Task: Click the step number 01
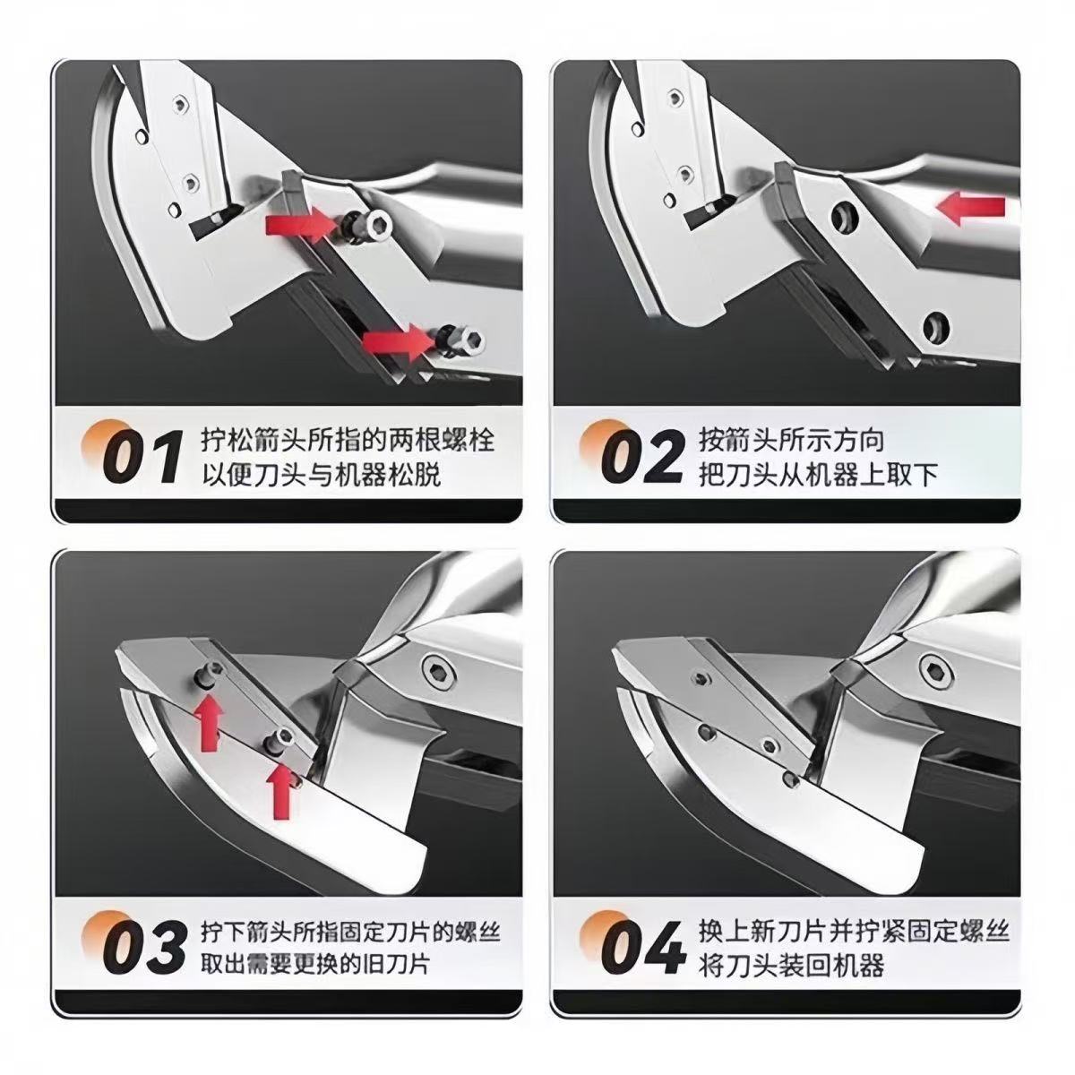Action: pyautogui.click(x=142, y=455)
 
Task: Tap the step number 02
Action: pyautogui.click(x=641, y=455)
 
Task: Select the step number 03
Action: pyautogui.click(x=143, y=947)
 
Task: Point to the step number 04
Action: pyautogui.click(x=642, y=947)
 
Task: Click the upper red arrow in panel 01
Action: pyautogui.click(x=299, y=224)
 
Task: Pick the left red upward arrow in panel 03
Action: pyautogui.click(x=210, y=722)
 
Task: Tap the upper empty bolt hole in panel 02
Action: pyautogui.click(x=844, y=218)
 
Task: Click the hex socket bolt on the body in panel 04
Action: pyautogui.click(x=935, y=666)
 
